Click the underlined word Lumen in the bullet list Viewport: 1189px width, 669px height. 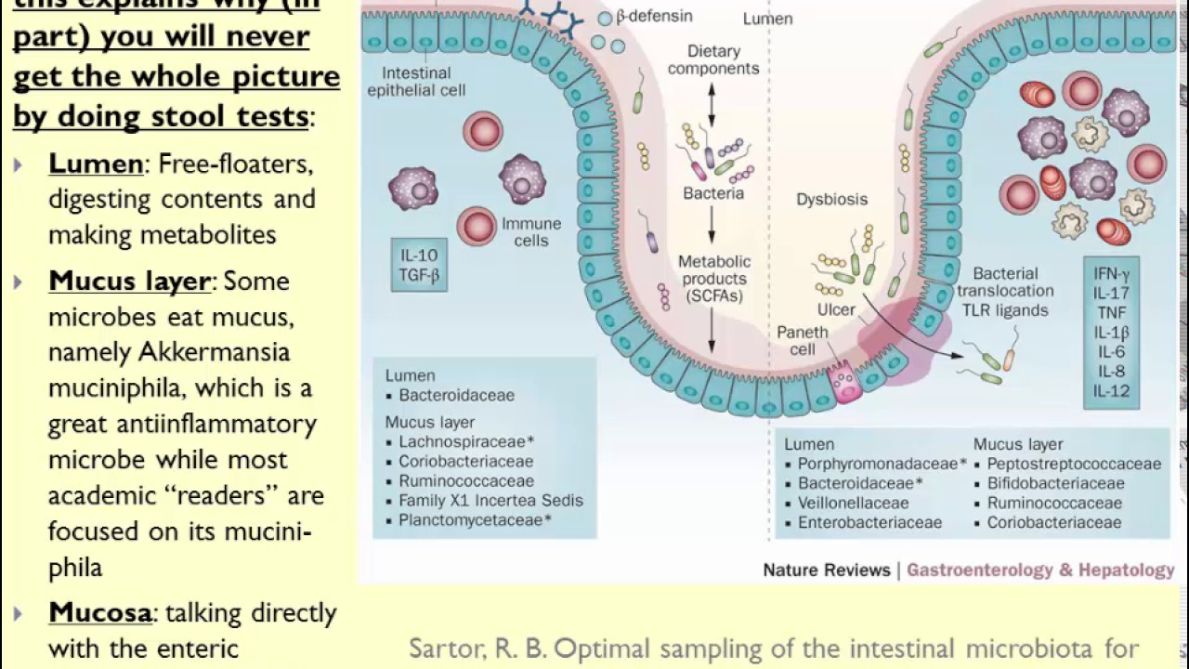96,164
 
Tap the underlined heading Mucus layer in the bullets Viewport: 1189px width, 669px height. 130,282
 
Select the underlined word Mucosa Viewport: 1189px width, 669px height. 100,613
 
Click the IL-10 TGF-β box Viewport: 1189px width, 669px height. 419,265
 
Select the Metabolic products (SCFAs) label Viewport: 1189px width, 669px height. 712,279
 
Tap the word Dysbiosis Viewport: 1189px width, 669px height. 831,199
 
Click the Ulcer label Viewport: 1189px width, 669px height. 836,309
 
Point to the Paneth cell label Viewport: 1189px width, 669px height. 796,340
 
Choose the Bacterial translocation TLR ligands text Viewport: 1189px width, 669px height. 1005,292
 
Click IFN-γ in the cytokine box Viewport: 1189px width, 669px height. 1112,274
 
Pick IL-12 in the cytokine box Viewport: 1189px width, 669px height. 1112,390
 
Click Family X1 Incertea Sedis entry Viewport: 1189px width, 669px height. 490,501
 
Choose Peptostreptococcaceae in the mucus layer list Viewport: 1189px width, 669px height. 1074,464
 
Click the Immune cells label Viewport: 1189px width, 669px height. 531,232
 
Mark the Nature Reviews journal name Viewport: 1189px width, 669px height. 827,570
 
